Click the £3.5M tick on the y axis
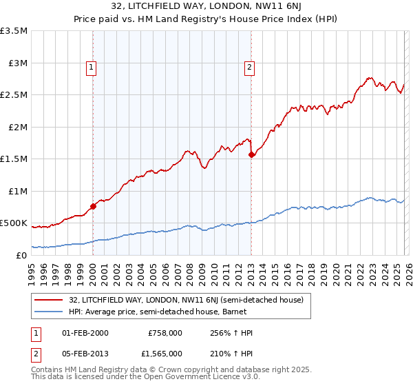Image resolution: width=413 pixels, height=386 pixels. [x=14, y=31]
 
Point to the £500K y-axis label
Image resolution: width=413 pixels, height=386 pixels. [x=14, y=223]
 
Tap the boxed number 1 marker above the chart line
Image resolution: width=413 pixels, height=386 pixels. [x=92, y=68]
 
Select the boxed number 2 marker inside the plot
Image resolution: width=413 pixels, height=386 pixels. [x=248, y=68]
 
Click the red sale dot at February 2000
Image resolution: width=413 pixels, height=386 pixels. [x=93, y=206]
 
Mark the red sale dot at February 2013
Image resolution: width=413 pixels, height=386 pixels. [x=251, y=155]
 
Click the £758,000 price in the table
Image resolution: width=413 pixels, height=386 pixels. [x=165, y=333]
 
